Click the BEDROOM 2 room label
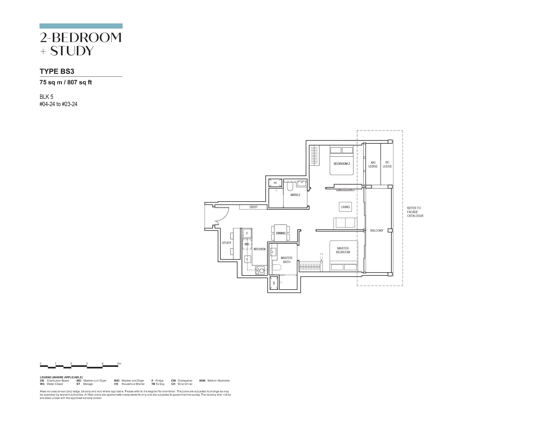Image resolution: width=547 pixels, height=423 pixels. pos(342,164)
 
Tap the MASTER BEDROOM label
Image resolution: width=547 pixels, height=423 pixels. pos(343,250)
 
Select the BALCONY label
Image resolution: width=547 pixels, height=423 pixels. pos(377,231)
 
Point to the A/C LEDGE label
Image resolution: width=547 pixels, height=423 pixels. pos(373,164)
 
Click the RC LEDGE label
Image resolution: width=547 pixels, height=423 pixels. pos(387,164)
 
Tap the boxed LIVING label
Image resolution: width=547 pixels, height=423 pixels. pos(345,207)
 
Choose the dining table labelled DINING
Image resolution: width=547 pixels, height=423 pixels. pos(281,233)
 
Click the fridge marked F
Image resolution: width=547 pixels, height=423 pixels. pos(247,233)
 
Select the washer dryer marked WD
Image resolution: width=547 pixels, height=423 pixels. pos(247,244)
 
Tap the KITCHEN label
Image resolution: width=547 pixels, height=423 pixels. pos(260,249)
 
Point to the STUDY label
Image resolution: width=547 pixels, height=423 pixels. pos(227,243)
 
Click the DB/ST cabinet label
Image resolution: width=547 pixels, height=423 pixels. pos(254,207)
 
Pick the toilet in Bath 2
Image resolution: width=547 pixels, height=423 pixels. pos(290,186)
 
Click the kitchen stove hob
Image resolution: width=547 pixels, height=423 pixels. pos(260,270)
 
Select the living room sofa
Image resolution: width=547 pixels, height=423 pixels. pos(345,223)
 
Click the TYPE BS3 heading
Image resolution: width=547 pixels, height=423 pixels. pos(57,71)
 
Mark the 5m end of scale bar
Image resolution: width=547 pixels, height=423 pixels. pos(118,366)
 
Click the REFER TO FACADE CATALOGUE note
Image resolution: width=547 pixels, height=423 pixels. pos(415,212)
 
